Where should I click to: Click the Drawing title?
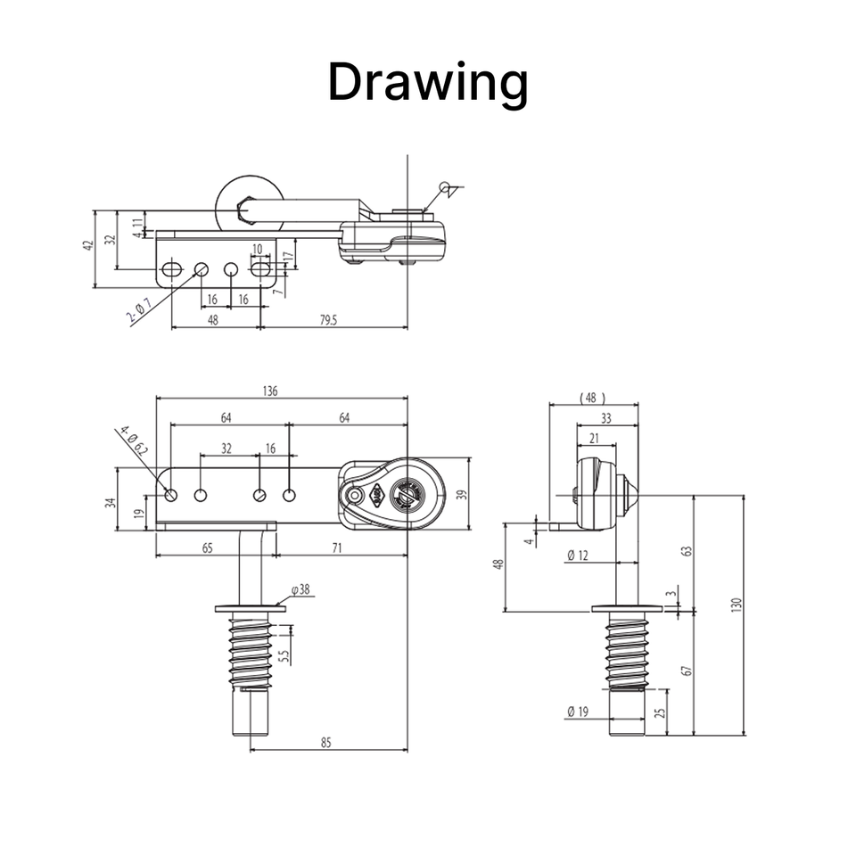428,83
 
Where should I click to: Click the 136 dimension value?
270,391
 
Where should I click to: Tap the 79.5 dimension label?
329,320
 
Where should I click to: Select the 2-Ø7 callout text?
139,309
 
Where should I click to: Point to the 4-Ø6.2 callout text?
135,440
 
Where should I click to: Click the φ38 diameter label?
300,589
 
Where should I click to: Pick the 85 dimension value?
326,743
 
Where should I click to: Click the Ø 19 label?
578,712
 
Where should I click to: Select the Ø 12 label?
578,556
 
